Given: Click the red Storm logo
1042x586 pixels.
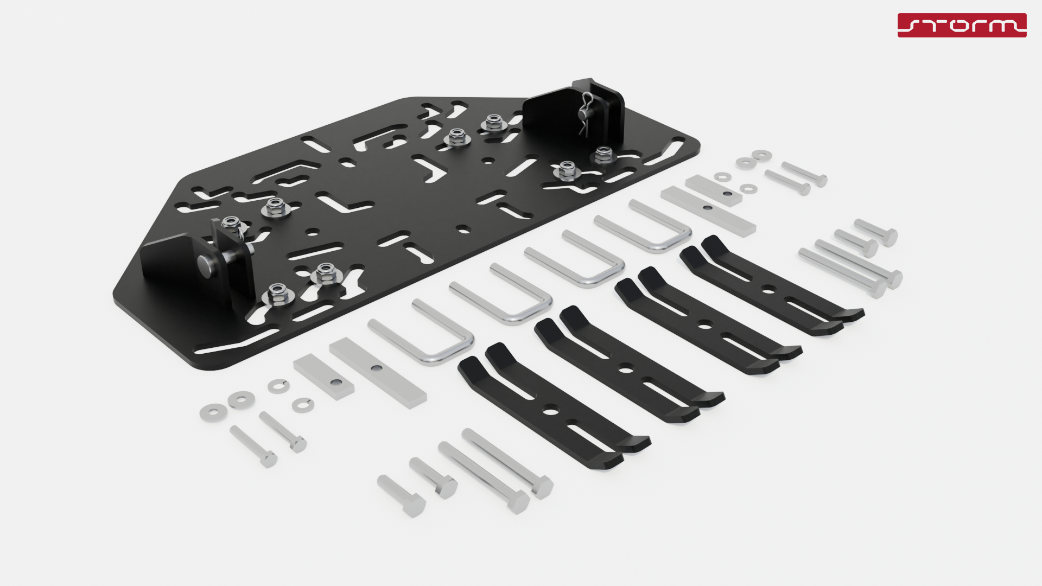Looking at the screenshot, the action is (962, 25).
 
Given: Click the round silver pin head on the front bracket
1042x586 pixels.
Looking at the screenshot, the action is (207, 264).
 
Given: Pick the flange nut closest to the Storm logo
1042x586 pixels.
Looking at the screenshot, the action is (602, 155).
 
